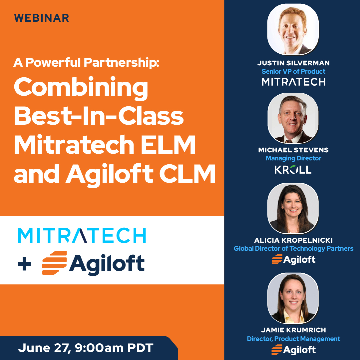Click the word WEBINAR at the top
coord(42,18)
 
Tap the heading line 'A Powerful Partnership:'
coord(86,62)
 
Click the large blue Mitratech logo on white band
coord(82,236)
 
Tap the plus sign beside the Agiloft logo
coord(24,264)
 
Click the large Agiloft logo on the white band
coord(94,263)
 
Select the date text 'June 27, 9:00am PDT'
coord(86,348)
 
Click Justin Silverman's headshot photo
coord(293,29)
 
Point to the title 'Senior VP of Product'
coord(293,71)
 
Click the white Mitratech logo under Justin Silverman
coord(293,82)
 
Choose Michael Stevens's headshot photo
coord(293,118)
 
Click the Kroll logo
coord(293,170)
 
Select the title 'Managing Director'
coord(293,158)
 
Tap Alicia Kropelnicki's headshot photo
coord(293,208)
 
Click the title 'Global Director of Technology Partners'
coord(293,248)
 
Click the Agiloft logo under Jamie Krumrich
coord(293,349)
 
